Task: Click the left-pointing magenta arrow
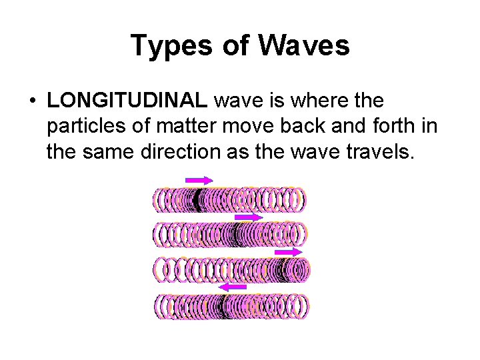(x=233, y=286)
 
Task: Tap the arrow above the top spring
(x=199, y=180)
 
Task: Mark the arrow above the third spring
(x=289, y=252)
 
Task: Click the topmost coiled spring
(x=229, y=199)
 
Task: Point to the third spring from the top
(x=232, y=270)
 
